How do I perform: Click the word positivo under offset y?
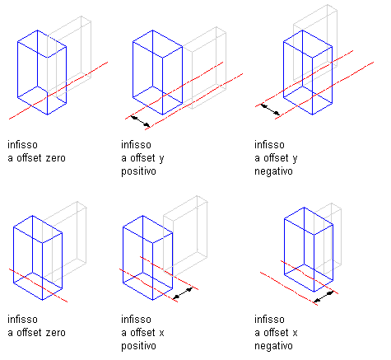[138, 171]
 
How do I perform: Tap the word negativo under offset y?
[273, 171]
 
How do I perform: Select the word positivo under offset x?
[138, 346]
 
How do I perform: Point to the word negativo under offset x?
[273, 346]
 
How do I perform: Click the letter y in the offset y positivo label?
[161, 159]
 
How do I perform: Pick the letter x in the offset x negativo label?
[295, 333]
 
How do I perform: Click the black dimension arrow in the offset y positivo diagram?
[141, 122]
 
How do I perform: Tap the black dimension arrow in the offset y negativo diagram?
[270, 109]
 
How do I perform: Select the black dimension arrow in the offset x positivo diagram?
[183, 293]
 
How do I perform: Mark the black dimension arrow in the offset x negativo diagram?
[324, 297]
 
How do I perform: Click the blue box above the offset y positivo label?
[157, 72]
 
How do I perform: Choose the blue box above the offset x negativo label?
[309, 250]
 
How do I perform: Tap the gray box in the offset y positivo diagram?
[204, 68]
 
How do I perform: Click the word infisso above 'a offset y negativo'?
[269, 144]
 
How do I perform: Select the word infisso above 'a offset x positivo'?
[136, 319]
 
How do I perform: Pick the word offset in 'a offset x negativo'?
[275, 333]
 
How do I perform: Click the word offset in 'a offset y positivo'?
[142, 158]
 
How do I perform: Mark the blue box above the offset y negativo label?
[308, 72]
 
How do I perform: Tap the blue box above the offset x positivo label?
[147, 258]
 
